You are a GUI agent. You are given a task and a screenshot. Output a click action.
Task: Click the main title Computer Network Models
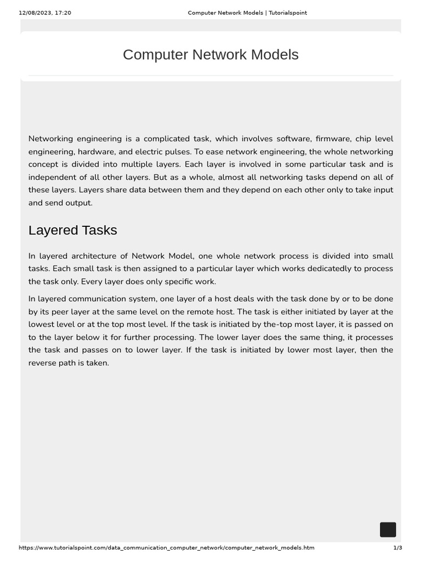(x=210, y=55)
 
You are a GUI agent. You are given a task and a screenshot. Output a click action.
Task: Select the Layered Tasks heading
(x=72, y=230)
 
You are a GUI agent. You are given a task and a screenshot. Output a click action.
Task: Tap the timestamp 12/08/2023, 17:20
(x=45, y=13)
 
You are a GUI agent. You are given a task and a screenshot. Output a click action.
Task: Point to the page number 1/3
(x=397, y=548)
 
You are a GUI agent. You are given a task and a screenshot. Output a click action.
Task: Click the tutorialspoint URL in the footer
(x=167, y=548)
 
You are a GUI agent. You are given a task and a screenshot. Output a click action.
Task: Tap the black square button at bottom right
(x=388, y=530)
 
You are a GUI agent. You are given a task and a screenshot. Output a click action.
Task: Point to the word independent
(x=52, y=177)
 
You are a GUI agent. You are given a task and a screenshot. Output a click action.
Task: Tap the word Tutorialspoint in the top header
(x=286, y=13)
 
